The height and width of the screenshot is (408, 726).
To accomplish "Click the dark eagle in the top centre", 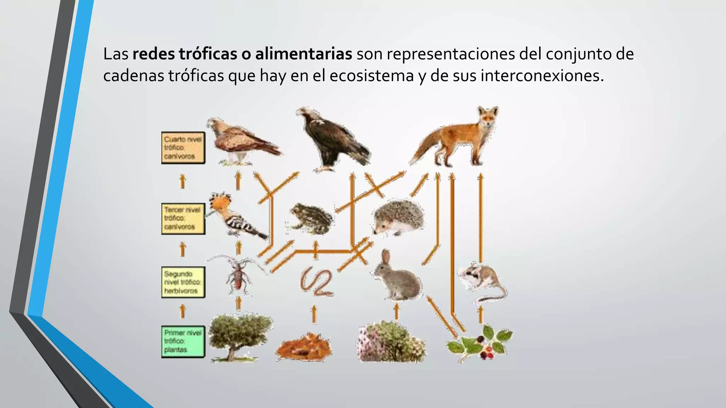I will [331, 140].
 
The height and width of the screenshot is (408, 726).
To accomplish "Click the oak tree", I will [239, 336].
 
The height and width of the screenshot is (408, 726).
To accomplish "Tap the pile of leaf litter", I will [303, 347].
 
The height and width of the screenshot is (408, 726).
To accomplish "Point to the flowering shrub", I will [390, 342].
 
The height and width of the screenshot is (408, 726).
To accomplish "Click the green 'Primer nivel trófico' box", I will [183, 341].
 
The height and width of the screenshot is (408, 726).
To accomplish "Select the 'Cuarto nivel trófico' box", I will [183, 148].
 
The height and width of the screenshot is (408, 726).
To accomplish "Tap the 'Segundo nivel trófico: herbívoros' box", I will [183, 282].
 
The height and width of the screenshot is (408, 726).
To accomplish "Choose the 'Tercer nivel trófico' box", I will [183, 219].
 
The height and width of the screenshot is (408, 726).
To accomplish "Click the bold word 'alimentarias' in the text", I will [303, 54].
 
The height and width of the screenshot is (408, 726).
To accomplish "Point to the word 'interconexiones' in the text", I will [542, 76].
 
